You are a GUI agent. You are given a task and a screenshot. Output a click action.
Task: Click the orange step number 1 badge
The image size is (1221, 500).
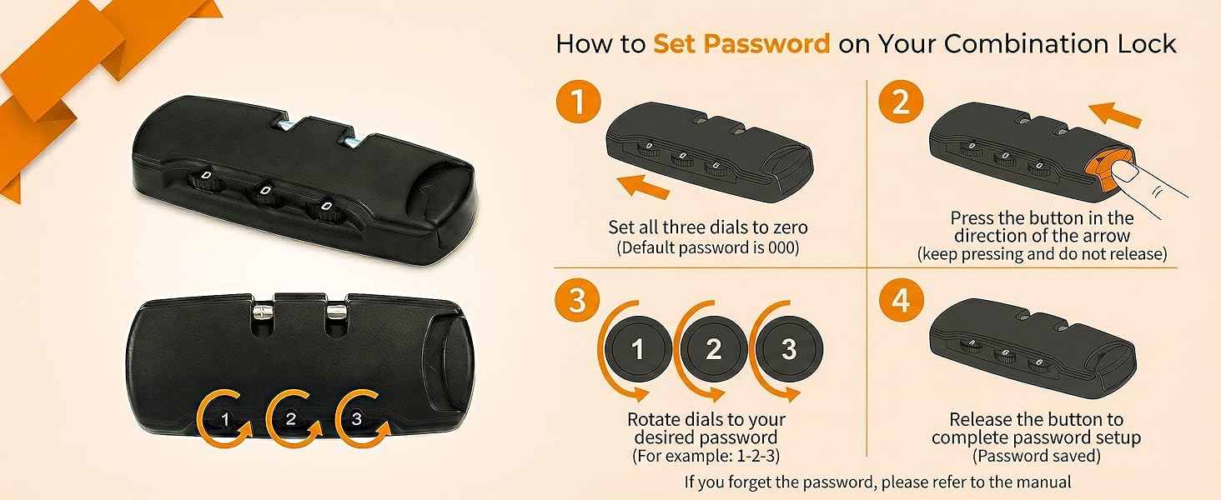[578, 102]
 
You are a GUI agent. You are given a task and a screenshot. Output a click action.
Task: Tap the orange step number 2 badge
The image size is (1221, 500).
[901, 102]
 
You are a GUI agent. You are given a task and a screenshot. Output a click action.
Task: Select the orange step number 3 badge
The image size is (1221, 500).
[577, 299]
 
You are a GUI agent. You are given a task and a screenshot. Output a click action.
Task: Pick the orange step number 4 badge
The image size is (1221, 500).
[901, 299]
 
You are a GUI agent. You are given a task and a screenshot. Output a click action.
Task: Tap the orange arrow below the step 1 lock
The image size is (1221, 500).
[643, 187]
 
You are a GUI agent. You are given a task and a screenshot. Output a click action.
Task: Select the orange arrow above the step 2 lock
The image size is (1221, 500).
[1114, 115]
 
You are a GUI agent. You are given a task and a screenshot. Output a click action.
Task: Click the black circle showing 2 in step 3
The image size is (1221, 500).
[714, 348]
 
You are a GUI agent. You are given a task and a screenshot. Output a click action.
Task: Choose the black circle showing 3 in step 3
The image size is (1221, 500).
[789, 348]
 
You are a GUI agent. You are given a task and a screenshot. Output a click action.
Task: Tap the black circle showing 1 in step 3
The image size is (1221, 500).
[638, 348]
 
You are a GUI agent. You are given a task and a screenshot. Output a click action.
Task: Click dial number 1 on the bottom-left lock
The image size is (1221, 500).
[225, 419]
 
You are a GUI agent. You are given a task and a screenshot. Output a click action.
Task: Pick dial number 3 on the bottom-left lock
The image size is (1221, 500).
[356, 418]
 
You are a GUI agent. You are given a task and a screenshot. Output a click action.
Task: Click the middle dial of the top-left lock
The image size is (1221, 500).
[265, 194]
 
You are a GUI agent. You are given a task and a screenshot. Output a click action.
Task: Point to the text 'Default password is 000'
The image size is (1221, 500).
[707, 247]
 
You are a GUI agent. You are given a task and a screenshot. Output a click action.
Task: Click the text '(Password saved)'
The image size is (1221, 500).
[1036, 456]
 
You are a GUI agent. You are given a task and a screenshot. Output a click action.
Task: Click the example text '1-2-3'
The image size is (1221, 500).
[756, 455]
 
